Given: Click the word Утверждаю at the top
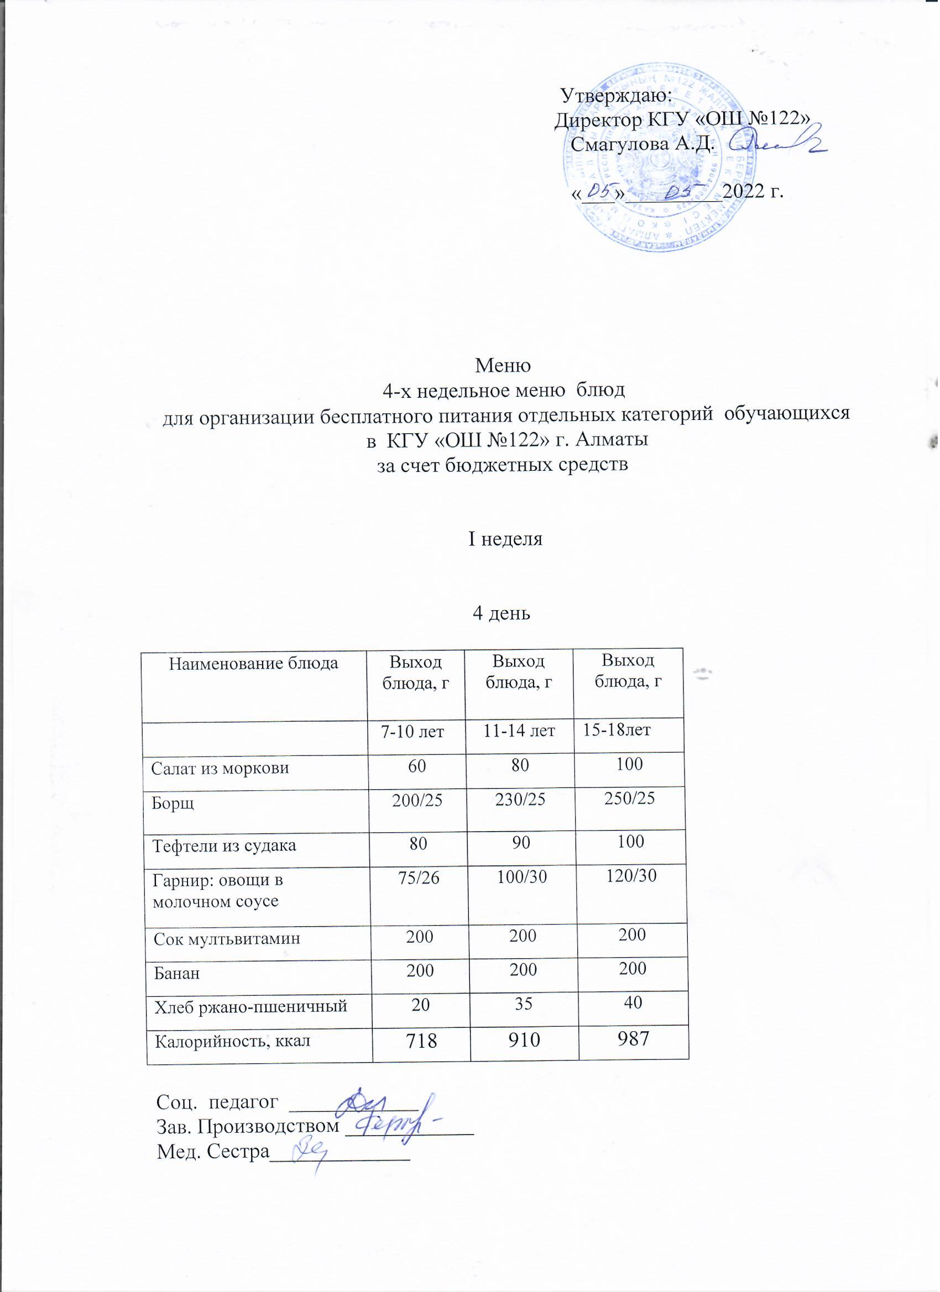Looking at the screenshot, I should pyautogui.click(x=616, y=94).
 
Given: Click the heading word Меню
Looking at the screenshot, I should pyautogui.click(x=503, y=365).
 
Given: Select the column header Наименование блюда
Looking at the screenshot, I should pyautogui.click(x=254, y=664).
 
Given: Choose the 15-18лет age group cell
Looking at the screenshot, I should pyautogui.click(x=616, y=731).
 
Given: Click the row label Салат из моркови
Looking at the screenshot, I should pyautogui.click(x=220, y=768).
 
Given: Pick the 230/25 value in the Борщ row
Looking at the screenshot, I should pyautogui.click(x=520, y=799).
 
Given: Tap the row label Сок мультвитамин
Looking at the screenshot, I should pyautogui.click(x=227, y=938).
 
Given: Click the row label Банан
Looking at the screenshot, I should pyautogui.click(x=177, y=974).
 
